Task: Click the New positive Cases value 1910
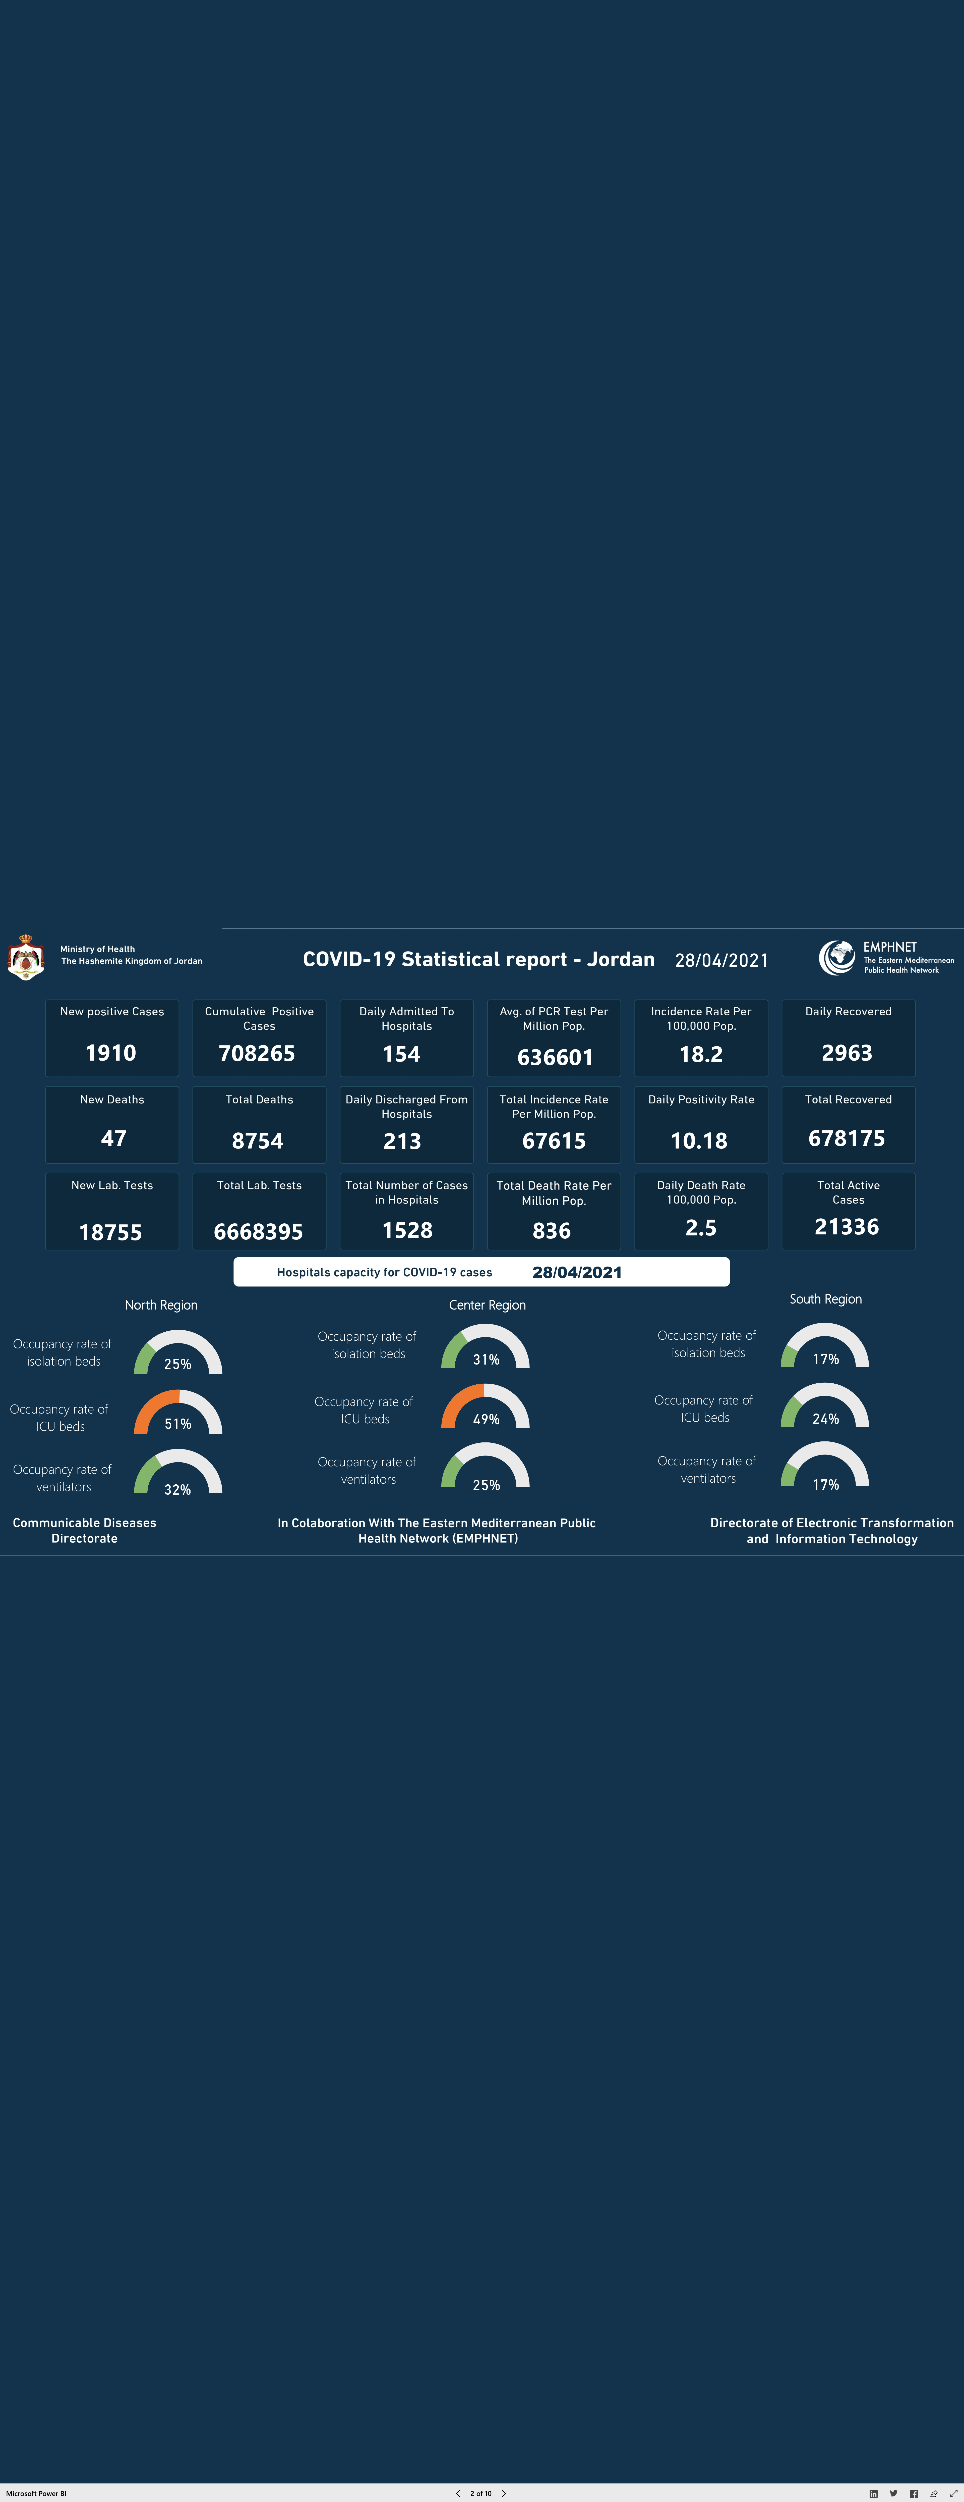pyautogui.click(x=111, y=1053)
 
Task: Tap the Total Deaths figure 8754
pyautogui.click(x=257, y=1141)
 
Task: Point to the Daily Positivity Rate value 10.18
pyautogui.click(x=699, y=1141)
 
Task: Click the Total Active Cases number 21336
pyautogui.click(x=847, y=1227)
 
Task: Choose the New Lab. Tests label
pyautogui.click(x=112, y=1185)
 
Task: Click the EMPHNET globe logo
pyautogui.click(x=837, y=958)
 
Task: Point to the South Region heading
pyautogui.click(x=825, y=1298)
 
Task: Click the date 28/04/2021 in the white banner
pyautogui.click(x=577, y=1272)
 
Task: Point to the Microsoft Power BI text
pyautogui.click(x=36, y=2493)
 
